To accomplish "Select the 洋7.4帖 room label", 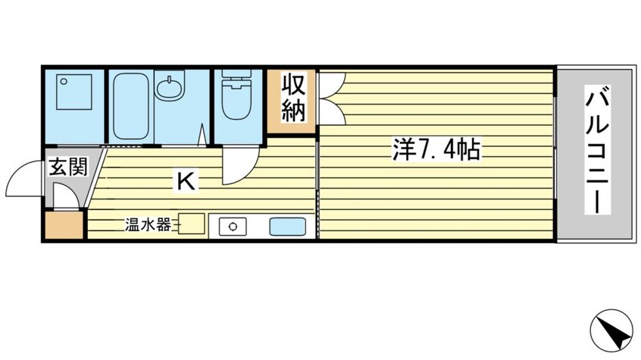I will [x=435, y=150].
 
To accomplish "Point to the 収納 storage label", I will [x=293, y=98].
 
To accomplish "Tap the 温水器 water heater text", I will [x=148, y=225].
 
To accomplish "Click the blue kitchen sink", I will [x=287, y=226].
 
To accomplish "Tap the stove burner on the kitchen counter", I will [x=233, y=226].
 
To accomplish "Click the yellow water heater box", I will [x=192, y=225].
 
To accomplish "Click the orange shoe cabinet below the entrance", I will [x=64, y=225].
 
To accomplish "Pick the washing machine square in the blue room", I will [x=72, y=105].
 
